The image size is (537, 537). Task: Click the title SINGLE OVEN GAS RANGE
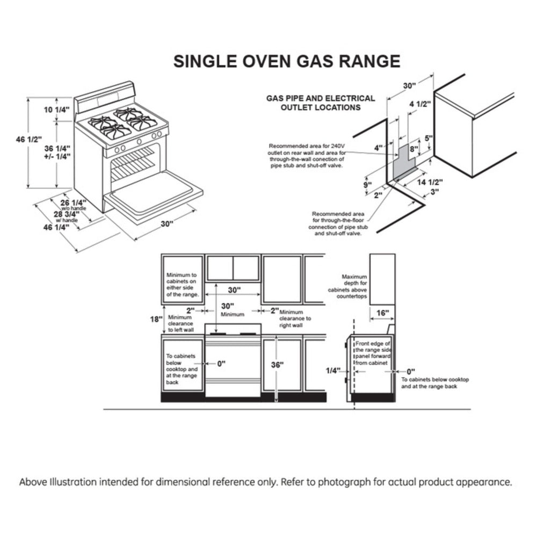(x=286, y=61)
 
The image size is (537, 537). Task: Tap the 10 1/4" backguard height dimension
(x=56, y=110)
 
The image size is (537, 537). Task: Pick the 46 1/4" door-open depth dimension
(x=56, y=227)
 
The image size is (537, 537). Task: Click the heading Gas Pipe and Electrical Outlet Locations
(x=321, y=103)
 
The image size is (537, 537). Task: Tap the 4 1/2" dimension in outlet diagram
(x=420, y=105)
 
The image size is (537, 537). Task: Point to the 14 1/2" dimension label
(x=429, y=182)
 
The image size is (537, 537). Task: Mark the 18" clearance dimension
(x=155, y=319)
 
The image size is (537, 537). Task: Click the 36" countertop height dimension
(x=277, y=364)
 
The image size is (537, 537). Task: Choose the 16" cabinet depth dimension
(x=382, y=313)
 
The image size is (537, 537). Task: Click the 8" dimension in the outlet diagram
(x=414, y=149)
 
